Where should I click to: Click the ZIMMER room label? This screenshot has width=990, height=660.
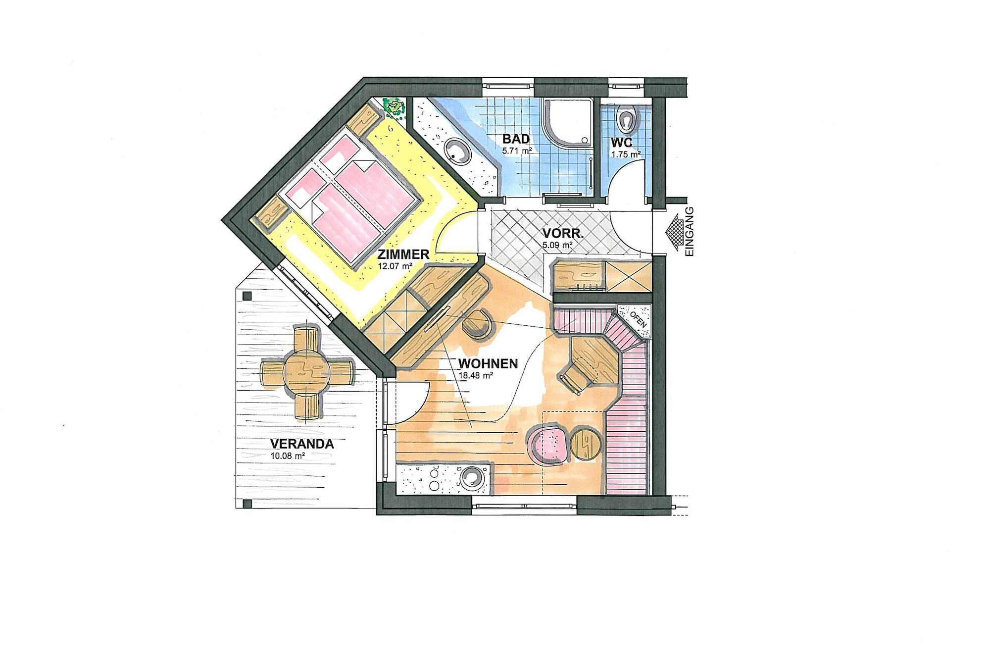click(403, 255)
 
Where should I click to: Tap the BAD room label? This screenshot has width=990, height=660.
click(516, 139)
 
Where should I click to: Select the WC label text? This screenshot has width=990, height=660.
click(622, 143)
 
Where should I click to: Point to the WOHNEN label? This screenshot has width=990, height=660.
click(488, 364)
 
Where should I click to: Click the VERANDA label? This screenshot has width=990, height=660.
click(302, 444)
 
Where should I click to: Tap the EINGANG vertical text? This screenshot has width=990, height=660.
click(690, 231)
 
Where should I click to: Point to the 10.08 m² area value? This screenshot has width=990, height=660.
click(287, 456)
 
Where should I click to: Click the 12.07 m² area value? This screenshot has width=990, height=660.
click(395, 266)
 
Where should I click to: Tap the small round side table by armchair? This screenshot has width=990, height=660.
click(586, 445)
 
